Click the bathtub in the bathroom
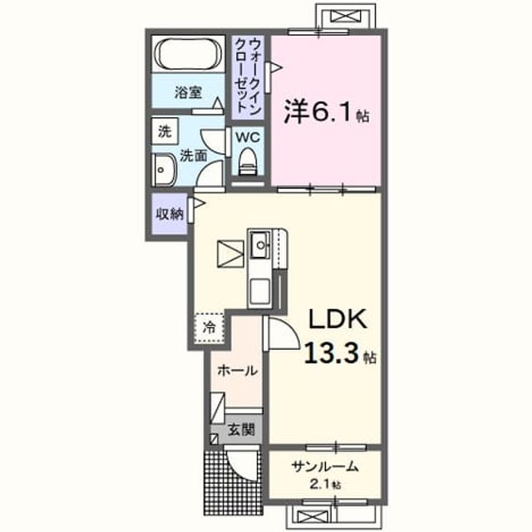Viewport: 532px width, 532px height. coord(188,53)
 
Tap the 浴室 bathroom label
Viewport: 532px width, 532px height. coord(189,92)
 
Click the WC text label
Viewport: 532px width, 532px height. coord(248,137)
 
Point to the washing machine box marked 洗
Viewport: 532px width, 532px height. coord(165,131)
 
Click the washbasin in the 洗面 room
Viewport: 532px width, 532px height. coord(164,170)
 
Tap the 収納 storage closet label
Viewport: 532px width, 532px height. coord(170,214)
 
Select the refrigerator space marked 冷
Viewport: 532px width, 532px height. coord(209,328)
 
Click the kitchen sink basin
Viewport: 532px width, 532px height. coord(260,245)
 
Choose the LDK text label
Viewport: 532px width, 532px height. coord(337,319)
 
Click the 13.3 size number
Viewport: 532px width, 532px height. coord(332,352)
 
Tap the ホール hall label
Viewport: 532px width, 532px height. coord(238,371)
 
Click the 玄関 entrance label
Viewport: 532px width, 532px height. coord(241,431)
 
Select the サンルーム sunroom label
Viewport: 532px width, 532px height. coord(325,467)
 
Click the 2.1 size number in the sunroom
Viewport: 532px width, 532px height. coord(319,485)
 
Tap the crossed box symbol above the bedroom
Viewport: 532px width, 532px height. coord(346,16)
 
